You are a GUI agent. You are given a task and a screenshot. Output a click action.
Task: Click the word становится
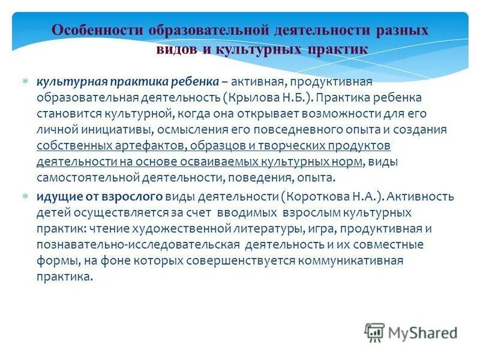coord(64,113)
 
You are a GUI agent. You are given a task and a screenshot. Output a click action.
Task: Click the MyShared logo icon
coord(374,332)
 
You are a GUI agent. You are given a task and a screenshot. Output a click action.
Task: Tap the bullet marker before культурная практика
coord(25,81)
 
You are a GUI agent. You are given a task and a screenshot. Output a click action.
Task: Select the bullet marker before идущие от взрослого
coord(25,196)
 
